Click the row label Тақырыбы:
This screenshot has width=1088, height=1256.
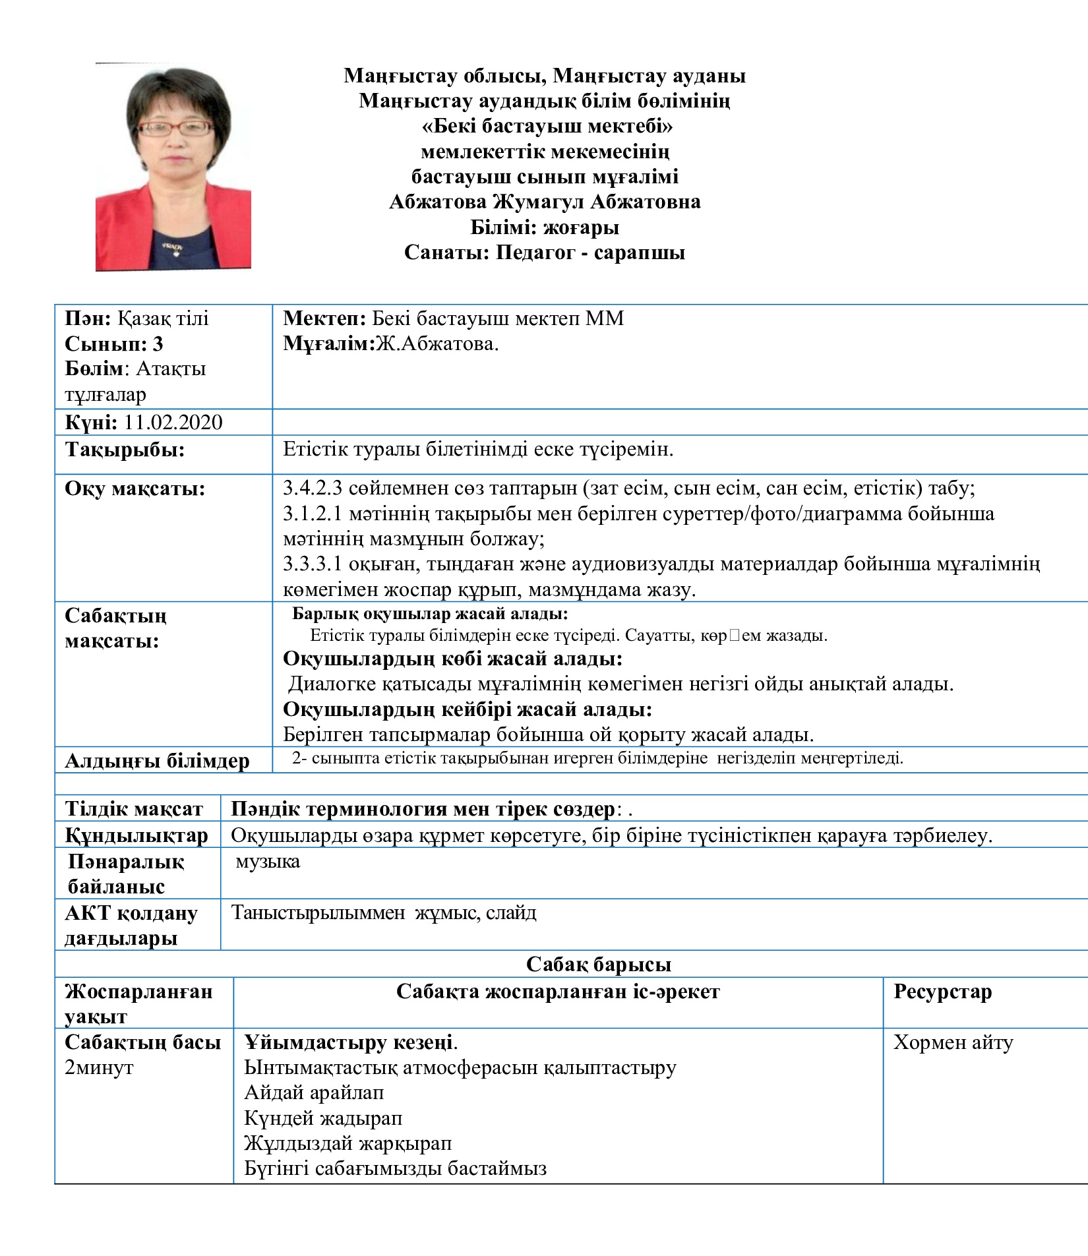coord(125,450)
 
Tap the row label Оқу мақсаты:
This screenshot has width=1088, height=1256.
coord(135,489)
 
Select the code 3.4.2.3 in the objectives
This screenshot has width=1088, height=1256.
coord(313,489)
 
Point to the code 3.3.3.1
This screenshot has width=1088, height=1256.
coord(313,564)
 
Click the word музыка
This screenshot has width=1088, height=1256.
coord(268,862)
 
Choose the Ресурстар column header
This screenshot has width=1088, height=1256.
coord(942,992)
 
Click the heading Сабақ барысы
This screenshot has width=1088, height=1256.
coord(598,965)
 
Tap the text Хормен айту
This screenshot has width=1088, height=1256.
coord(953,1043)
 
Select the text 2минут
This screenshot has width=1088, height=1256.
coord(99,1067)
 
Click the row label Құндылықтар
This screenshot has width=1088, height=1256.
coord(136,836)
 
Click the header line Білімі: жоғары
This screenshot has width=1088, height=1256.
coord(545,228)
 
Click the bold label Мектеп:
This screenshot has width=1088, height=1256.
coord(324,319)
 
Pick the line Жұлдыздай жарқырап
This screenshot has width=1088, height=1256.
coord(348,1143)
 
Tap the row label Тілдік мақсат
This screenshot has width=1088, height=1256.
coord(134,809)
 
